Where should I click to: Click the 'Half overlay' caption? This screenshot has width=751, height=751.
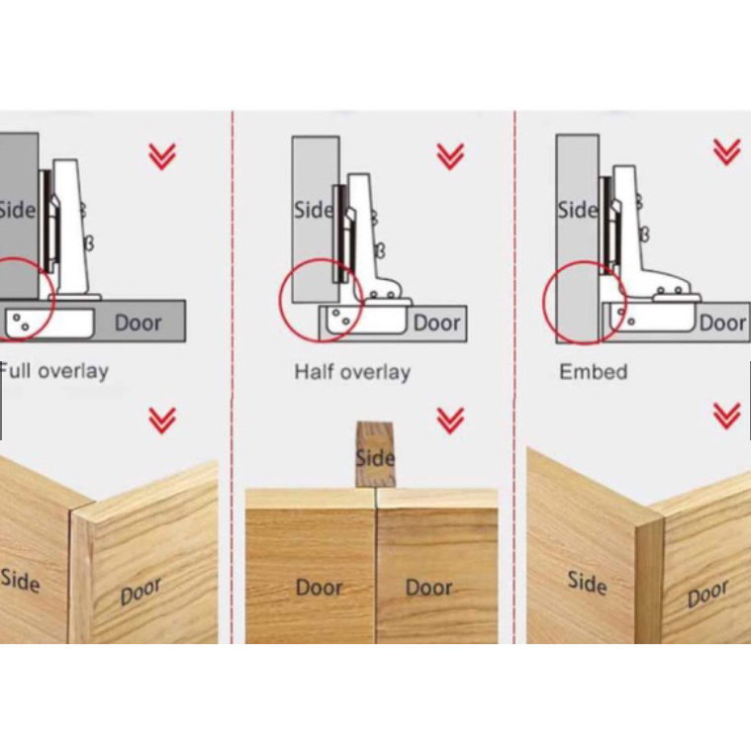pos(352,372)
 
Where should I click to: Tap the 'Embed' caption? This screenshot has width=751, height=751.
pos(594,372)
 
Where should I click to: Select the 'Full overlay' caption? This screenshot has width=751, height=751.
pos(53,371)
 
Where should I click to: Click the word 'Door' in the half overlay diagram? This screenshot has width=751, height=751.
pos(436,323)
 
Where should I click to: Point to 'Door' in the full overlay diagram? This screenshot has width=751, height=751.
pos(138,323)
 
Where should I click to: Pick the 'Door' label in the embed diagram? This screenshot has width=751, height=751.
pos(722,323)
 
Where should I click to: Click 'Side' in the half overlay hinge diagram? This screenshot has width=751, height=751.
pos(314,210)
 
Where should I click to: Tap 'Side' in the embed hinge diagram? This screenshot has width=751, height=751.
pos(578,210)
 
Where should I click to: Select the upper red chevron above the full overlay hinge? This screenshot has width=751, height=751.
pos(162,156)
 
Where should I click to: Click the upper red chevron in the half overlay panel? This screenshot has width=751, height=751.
pos(450,156)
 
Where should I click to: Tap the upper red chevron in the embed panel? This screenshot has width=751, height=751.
pos(727,151)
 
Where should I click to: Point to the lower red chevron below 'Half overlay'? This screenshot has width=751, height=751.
pos(450,421)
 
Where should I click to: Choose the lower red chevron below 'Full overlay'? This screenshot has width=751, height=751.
pos(162,421)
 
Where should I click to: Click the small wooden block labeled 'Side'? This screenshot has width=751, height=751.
pos(376,454)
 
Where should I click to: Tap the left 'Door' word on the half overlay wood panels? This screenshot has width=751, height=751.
pos(319,587)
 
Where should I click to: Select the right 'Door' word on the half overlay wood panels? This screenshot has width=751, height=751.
pos(428,587)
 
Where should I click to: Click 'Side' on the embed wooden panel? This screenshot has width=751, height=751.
pos(587,583)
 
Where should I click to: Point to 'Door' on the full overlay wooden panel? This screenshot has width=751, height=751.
pos(141,592)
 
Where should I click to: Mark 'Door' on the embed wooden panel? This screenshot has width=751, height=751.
pos(707,594)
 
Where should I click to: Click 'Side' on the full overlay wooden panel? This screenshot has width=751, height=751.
pos(20,580)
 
